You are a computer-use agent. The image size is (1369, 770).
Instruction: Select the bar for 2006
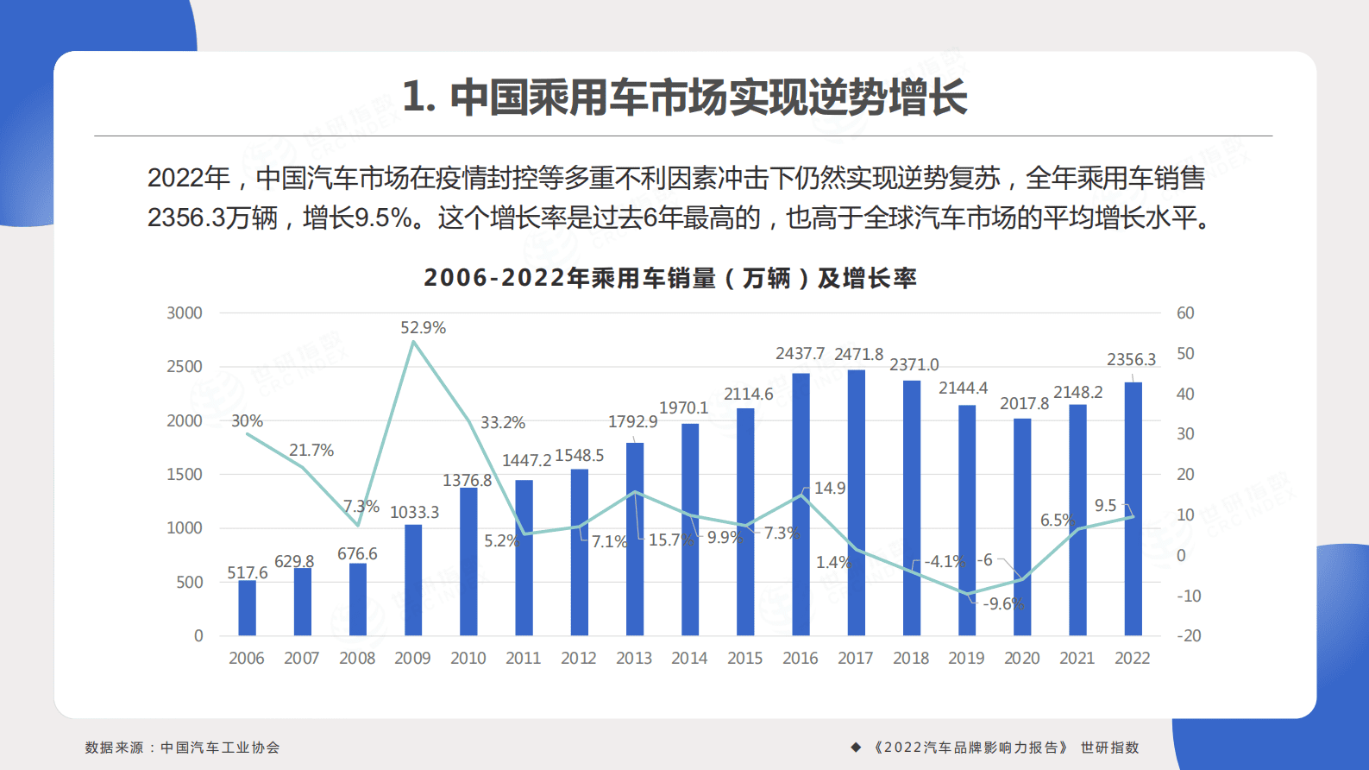point(247,608)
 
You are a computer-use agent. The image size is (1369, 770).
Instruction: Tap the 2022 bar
point(1133,509)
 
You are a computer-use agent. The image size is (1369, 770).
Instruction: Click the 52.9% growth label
point(423,328)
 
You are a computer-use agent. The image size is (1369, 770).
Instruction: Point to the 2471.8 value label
point(858,355)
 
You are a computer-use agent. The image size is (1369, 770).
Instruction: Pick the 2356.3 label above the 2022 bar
point(1131,360)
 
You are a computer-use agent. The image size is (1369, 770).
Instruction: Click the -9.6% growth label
point(1003,604)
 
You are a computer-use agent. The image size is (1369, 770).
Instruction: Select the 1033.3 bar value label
point(414,513)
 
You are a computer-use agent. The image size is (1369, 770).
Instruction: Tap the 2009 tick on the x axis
point(412,659)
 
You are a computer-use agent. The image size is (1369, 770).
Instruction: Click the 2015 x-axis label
point(744,659)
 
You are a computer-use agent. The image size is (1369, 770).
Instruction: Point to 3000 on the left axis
point(185,313)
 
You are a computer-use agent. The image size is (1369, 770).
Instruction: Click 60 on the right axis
point(1185,313)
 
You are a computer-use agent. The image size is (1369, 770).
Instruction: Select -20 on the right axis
point(1188,636)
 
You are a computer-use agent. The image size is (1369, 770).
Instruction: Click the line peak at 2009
point(414,342)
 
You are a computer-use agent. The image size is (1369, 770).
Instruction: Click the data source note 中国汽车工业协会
point(220,748)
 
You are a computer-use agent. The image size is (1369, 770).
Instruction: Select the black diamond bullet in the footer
point(856,748)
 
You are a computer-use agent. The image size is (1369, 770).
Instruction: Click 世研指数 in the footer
point(1109,748)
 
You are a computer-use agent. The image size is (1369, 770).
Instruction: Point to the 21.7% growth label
point(311,451)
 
